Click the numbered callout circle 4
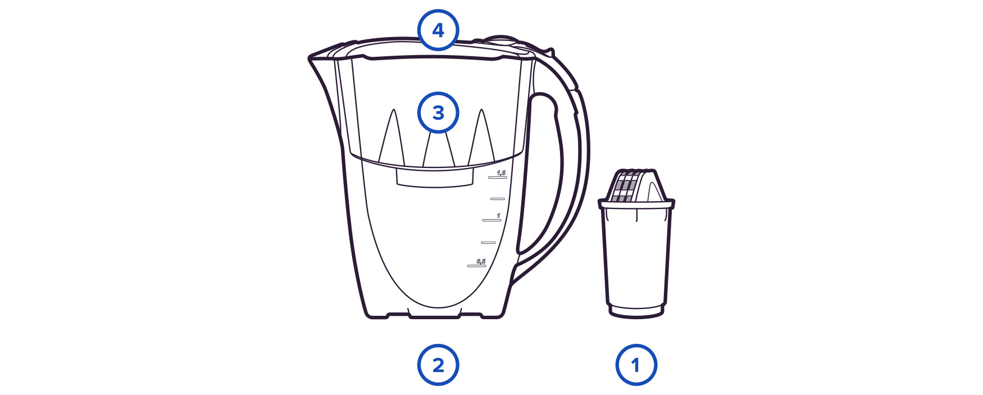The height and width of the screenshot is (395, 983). click(x=438, y=30)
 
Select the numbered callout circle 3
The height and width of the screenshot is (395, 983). click(x=438, y=113)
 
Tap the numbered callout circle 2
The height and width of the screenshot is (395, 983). click(x=438, y=365)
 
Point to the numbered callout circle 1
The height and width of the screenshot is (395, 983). click(x=636, y=365)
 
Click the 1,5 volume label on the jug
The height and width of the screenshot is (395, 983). click(x=501, y=172)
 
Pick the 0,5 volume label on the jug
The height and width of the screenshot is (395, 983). click(x=481, y=261)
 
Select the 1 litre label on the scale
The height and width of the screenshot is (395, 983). click(x=498, y=216)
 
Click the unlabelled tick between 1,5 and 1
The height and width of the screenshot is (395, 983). click(x=497, y=198)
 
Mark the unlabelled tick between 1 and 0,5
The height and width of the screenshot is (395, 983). click(x=488, y=243)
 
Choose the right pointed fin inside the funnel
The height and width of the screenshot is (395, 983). click(x=481, y=138)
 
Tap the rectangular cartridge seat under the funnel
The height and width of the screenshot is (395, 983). click(x=435, y=176)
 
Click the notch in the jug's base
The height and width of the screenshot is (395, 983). click(x=435, y=313)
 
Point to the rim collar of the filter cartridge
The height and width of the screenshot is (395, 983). click(x=636, y=205)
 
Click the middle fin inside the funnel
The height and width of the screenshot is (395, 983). click(x=438, y=149)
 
